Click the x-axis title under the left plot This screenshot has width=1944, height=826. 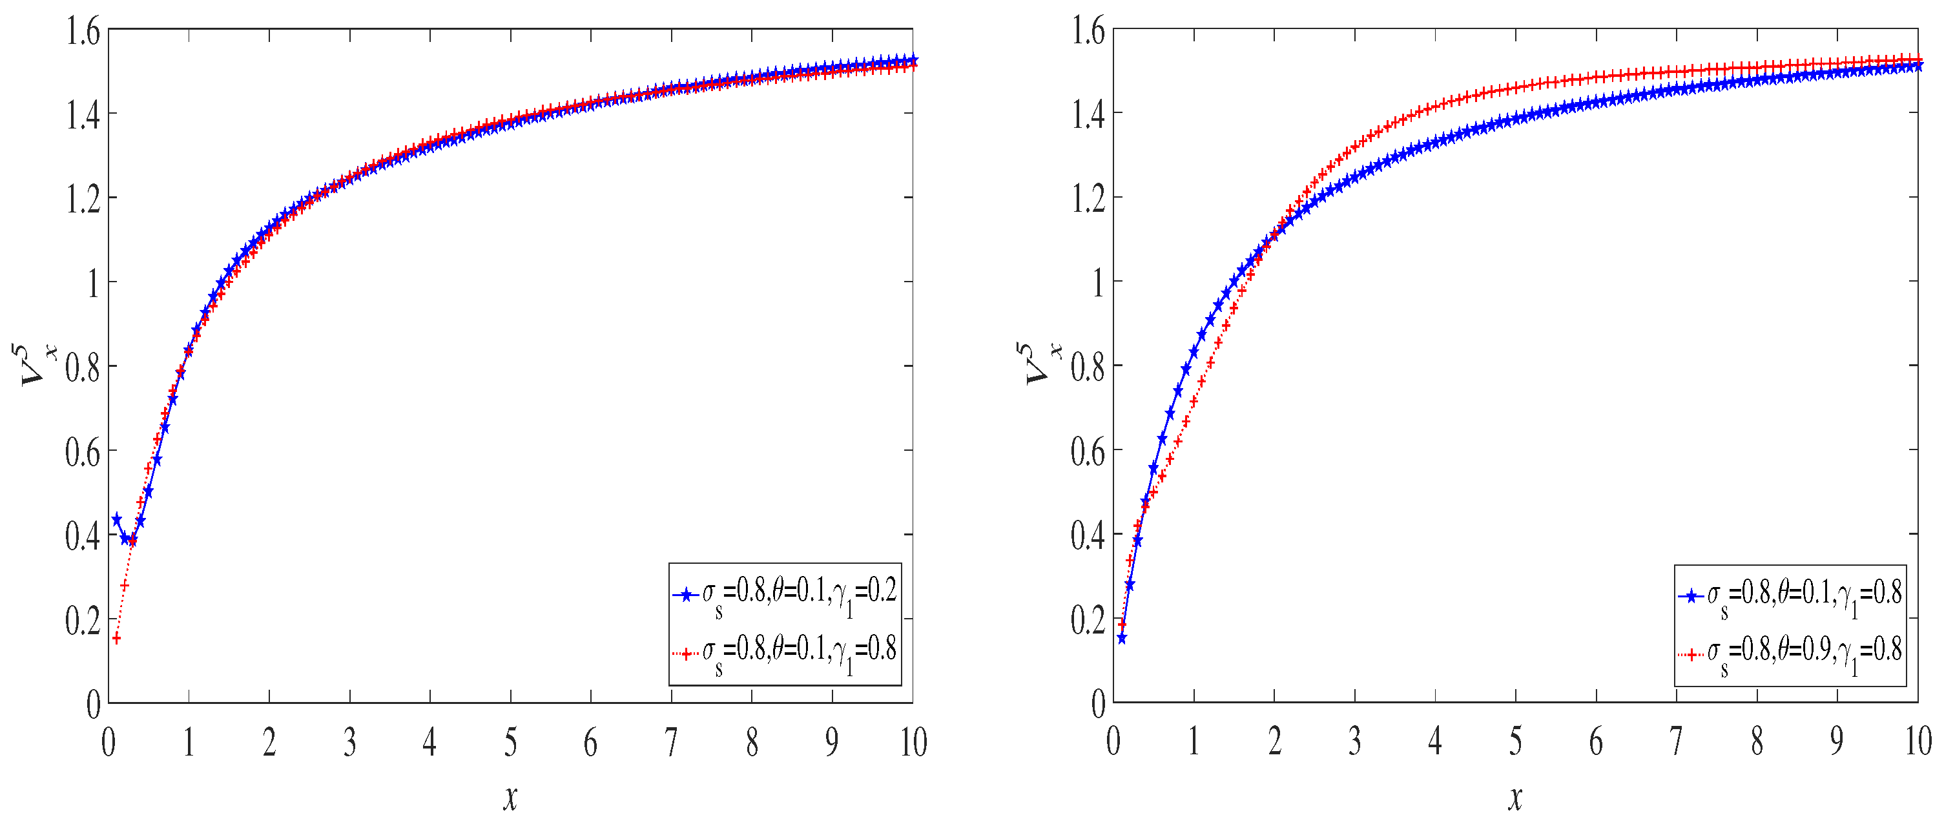click(x=511, y=798)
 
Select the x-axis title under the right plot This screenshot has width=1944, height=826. click(x=1515, y=798)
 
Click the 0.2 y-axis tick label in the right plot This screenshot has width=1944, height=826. click(x=1088, y=620)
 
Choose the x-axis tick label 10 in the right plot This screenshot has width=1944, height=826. click(x=1918, y=741)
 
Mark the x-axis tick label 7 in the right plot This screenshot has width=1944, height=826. click(x=1676, y=741)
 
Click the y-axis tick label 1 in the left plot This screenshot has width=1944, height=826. click(x=93, y=284)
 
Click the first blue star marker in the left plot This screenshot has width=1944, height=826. click(x=116, y=519)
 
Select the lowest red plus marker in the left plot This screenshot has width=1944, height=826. click(x=116, y=638)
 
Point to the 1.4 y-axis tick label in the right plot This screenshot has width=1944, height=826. click(x=1088, y=116)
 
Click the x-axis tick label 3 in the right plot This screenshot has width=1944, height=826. click(x=1354, y=741)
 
